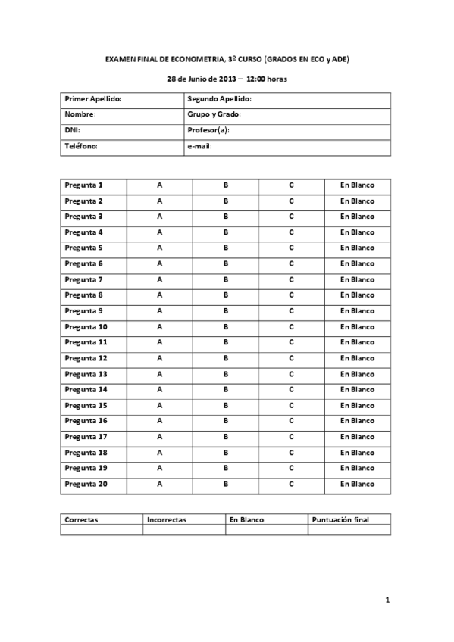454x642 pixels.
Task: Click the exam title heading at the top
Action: click(227, 58)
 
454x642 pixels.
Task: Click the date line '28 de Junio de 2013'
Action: click(227, 79)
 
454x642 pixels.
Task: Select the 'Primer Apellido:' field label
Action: click(93, 99)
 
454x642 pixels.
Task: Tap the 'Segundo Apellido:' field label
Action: click(219, 99)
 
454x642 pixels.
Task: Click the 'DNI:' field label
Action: click(73, 130)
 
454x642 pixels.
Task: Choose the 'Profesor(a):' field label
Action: click(208, 130)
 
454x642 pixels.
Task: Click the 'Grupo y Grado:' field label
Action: click(214, 114)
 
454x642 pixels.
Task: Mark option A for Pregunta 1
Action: click(159, 185)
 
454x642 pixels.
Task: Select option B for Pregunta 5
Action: click(225, 248)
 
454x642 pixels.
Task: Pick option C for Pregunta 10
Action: click(291, 326)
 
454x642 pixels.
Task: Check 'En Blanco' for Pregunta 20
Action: click(357, 484)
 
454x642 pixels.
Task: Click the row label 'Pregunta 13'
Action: click(86, 374)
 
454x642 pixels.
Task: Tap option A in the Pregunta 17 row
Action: click(159, 437)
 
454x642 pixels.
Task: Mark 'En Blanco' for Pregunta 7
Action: click(357, 279)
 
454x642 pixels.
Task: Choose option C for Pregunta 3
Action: click(291, 217)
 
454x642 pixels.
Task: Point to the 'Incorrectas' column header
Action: click(167, 520)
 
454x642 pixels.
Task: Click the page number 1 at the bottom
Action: click(387, 600)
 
